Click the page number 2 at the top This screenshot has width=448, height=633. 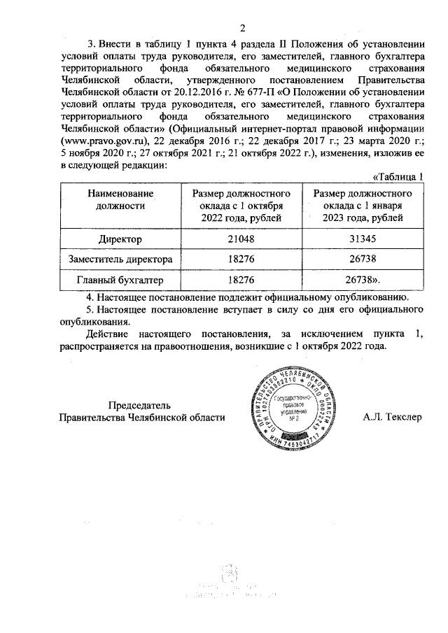point(241,29)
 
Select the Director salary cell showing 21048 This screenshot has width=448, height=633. point(241,239)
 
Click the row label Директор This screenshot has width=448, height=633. point(120,239)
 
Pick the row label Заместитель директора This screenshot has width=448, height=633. point(120,259)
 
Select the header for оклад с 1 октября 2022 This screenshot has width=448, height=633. point(241,206)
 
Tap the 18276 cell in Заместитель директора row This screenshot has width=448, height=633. point(241,259)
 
